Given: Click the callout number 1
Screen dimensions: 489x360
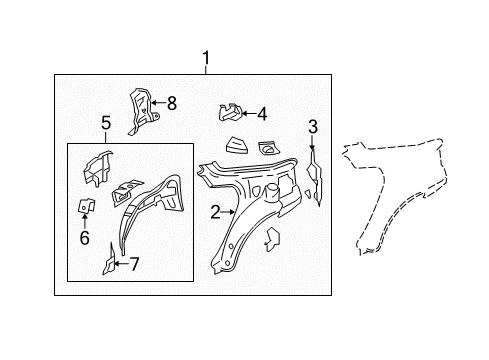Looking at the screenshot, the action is [206, 58].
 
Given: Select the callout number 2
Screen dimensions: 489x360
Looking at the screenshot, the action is [216, 212].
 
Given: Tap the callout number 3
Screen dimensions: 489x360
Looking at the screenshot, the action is [313, 127].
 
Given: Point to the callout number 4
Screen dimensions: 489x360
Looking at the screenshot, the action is [262, 114].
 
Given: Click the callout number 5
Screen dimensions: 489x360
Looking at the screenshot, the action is [106, 123].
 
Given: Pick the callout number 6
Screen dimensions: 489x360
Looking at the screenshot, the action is [85, 238].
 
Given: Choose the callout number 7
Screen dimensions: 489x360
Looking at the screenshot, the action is [134, 264].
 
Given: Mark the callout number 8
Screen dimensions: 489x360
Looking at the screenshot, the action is [172, 103].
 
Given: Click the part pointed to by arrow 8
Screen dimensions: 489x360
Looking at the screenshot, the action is [142, 111].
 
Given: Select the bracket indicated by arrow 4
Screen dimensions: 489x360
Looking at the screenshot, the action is [231, 112].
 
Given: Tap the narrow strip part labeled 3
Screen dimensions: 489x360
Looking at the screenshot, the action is [315, 178].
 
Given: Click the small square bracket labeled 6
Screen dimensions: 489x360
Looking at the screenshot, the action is [86, 206].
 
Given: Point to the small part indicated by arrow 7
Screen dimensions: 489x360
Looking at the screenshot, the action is [109, 260].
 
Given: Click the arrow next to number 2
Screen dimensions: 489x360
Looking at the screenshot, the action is [229, 212].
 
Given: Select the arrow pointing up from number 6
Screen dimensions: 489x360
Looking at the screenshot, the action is [85, 221].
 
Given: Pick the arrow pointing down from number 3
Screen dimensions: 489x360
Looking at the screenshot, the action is [312, 143].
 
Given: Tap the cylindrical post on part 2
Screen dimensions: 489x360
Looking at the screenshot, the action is [272, 193].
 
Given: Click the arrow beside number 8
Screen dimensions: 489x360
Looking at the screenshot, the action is [159, 103].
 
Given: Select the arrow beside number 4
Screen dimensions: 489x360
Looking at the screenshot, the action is [249, 113].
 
